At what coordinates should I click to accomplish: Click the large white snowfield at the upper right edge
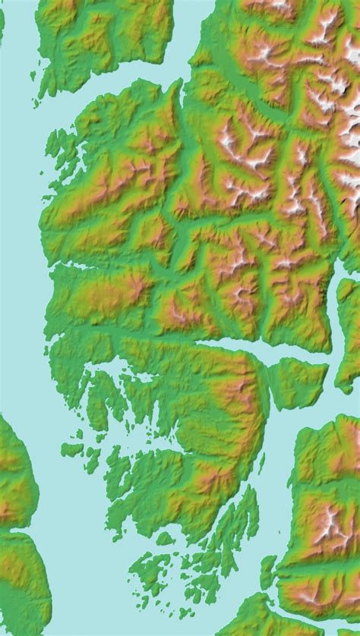351,121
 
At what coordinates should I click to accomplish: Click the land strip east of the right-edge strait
350,326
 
